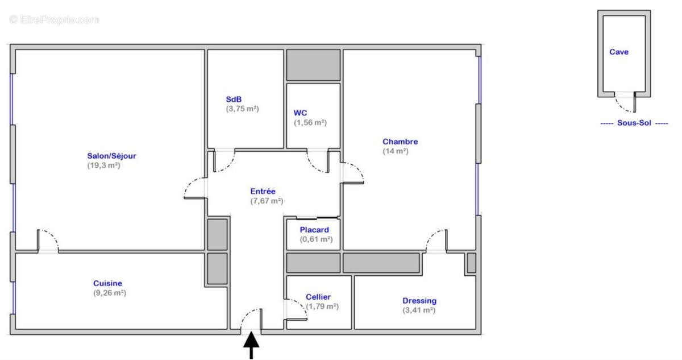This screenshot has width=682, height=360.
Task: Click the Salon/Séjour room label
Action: pos(111,156)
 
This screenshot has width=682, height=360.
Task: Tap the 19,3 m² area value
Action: pos(103,165)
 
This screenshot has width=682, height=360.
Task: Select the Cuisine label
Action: pos(107,283)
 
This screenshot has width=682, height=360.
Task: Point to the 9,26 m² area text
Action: pos(109,293)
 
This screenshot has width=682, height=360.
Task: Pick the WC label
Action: pos(300,113)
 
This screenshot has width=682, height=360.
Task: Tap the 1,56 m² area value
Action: pos(310,122)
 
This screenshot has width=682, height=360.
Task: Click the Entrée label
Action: pos(263,192)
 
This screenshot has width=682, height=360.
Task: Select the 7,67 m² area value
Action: pos(267,201)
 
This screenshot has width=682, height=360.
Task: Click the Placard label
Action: pos(314,230)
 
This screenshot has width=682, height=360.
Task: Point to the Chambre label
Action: pos(400,142)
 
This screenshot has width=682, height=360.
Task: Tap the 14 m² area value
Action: pos(396,151)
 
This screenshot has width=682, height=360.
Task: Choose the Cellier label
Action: pos(318,297)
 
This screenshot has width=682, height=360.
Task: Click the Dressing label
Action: pos(419,300)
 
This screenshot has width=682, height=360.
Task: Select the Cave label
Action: pos(619,52)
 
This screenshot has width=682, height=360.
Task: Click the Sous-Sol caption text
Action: pos(634,123)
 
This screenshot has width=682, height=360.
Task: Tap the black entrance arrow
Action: pos(251,345)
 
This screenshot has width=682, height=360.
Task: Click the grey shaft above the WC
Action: pos(313,65)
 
